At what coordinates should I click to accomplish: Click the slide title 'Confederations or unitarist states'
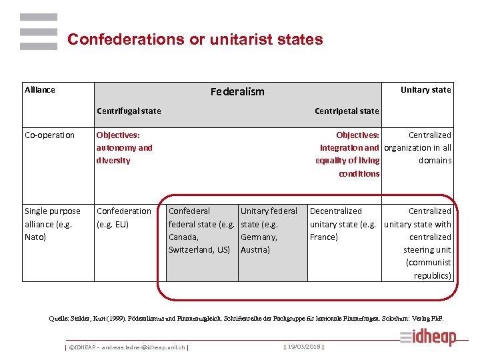[x=195, y=40]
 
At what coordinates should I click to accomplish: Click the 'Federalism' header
[x=237, y=92]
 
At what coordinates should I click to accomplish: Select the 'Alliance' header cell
[x=40, y=90]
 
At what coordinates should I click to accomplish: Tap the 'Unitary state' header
[x=425, y=90]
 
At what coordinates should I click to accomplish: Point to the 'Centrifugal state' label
[x=129, y=111]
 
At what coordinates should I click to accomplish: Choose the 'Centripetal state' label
[x=347, y=111]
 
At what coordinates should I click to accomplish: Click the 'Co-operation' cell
[x=50, y=135]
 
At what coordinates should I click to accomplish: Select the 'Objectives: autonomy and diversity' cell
[x=125, y=148]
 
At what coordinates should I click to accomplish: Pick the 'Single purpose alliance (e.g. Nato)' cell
[x=53, y=224]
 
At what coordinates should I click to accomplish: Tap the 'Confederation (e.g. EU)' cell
[x=124, y=218]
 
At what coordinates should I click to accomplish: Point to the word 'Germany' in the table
[x=259, y=237]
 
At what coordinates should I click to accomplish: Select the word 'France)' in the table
[x=324, y=237]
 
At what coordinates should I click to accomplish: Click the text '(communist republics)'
[x=429, y=269]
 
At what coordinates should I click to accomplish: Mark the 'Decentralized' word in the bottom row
[x=336, y=211]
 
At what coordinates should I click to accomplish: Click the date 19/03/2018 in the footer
[x=304, y=346]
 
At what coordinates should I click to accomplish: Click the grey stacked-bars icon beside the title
[x=39, y=31]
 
